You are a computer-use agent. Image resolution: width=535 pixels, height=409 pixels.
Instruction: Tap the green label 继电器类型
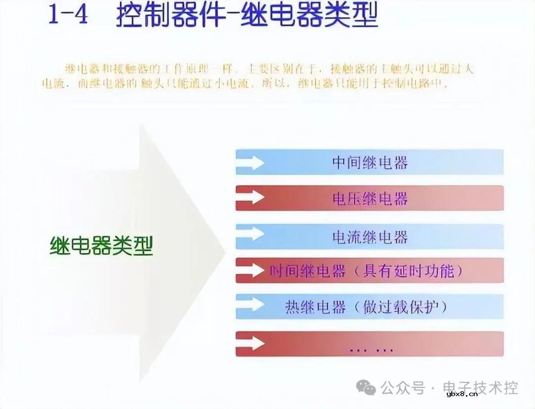coord(102,245)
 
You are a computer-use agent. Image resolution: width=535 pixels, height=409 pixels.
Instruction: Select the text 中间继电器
coord(370,163)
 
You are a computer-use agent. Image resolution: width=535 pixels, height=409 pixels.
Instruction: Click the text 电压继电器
coord(370,199)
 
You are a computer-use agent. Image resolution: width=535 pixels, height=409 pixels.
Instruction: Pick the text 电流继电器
coord(370,237)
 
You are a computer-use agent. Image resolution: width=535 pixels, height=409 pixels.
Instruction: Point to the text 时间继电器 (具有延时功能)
coord(367,271)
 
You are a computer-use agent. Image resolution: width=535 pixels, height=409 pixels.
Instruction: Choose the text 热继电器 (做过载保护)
coord(367,307)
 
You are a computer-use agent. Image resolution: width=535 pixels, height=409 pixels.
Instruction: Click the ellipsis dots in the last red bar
coord(371,349)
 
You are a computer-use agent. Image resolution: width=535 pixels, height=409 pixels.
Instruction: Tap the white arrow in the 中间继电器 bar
coord(252,162)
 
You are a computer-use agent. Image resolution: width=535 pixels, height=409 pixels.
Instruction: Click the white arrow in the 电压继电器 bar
coord(252,198)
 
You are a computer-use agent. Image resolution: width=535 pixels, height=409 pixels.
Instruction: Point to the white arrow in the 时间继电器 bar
coord(252,270)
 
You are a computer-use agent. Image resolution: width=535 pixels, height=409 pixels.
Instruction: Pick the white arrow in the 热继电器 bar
coord(252,306)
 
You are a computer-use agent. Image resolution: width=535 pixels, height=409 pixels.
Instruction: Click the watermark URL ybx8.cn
coord(462,394)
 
